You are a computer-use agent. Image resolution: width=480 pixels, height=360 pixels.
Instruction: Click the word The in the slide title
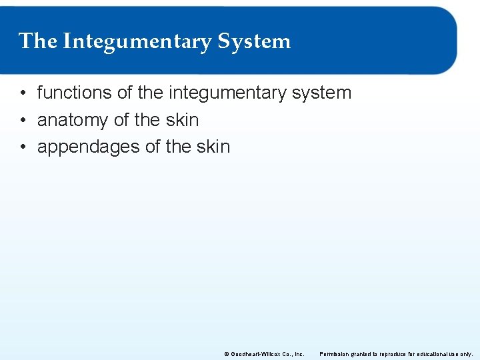(38, 41)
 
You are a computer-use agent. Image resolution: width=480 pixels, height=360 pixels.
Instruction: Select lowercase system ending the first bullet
(321, 93)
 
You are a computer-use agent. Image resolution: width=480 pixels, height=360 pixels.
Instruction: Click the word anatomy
(73, 121)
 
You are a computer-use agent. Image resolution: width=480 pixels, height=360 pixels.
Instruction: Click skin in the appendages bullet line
(213, 147)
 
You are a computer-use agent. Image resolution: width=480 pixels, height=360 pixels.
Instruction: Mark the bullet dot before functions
(23, 93)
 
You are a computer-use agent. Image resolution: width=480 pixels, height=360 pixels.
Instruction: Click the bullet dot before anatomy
(23, 121)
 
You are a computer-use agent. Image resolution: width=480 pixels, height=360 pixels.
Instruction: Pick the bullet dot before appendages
(23, 147)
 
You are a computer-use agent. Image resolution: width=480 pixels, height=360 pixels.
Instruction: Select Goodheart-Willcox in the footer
(253, 354)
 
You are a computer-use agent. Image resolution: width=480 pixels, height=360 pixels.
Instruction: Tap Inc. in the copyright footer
(299, 354)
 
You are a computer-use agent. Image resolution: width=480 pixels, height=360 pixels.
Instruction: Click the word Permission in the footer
(333, 354)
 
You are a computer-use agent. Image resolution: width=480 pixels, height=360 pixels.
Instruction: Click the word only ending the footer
(467, 354)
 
